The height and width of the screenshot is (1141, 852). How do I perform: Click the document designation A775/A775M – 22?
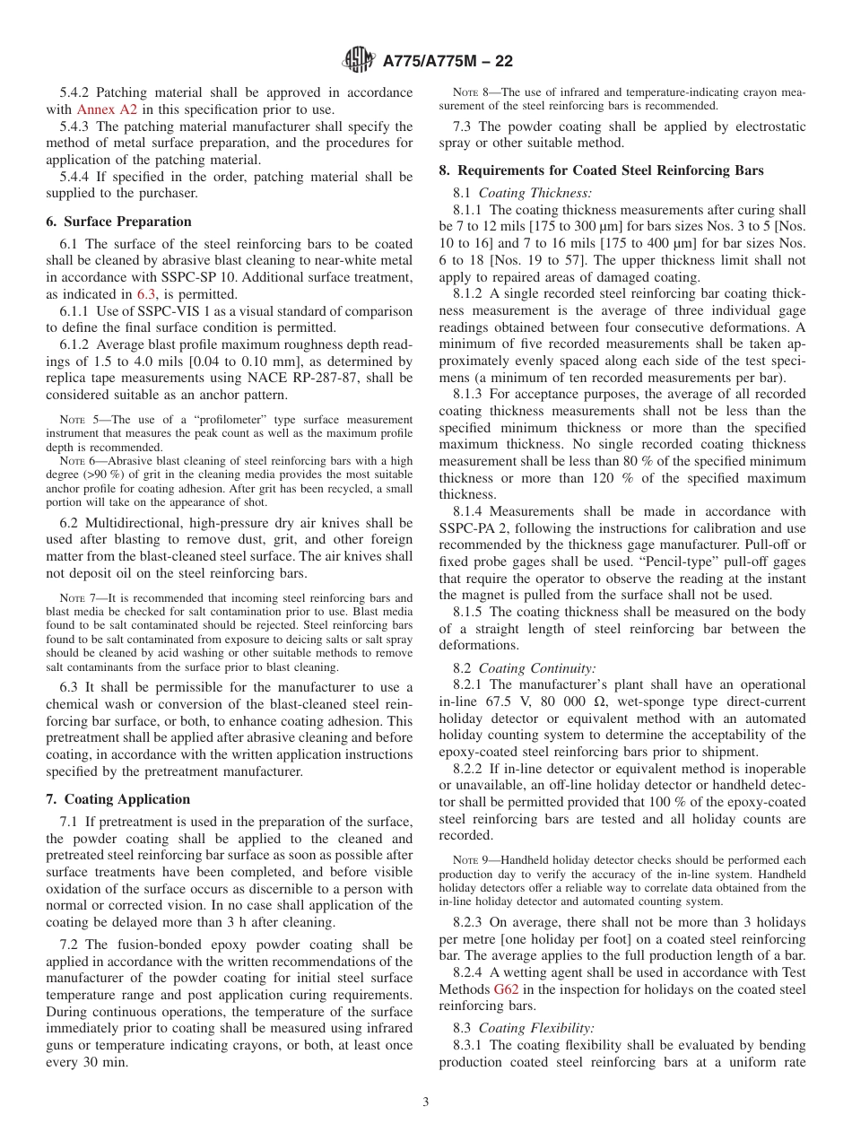(x=448, y=62)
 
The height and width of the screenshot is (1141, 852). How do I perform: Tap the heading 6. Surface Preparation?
(x=118, y=222)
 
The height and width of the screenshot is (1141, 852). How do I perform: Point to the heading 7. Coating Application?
(x=117, y=799)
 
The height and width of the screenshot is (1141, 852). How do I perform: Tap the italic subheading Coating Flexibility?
(x=536, y=1028)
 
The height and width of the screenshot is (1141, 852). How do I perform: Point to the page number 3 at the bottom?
(x=426, y=1102)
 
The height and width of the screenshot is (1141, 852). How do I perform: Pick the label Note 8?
(x=470, y=91)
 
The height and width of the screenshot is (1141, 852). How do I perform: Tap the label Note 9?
(x=470, y=859)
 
